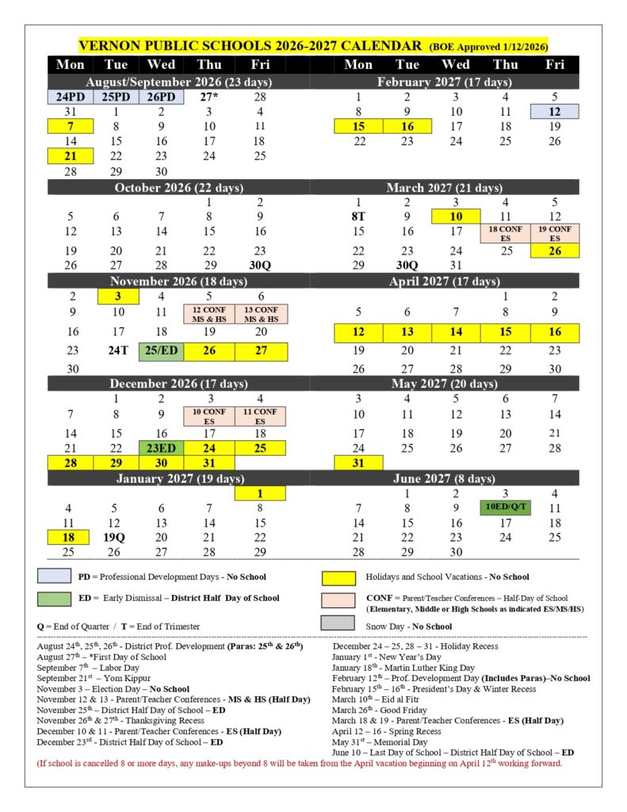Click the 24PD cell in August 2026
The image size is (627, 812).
tap(71, 97)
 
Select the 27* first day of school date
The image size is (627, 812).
tap(209, 97)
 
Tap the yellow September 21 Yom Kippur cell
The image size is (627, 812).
tap(71, 156)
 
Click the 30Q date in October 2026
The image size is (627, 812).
tap(260, 265)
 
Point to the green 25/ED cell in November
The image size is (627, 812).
tap(162, 350)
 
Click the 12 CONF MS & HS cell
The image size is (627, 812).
tap(210, 313)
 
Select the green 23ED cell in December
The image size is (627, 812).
tap(162, 447)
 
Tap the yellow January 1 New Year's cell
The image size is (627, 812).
tap(260, 493)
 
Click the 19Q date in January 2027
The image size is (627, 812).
tap(115, 538)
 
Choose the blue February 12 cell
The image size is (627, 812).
tap(554, 112)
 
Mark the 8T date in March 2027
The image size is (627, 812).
tap(358, 216)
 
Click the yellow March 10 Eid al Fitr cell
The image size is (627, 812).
tap(456, 216)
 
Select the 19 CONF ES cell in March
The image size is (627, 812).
tap(554, 233)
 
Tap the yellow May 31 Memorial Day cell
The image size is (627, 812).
tap(358, 462)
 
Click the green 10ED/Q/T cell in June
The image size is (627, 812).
tap(505, 507)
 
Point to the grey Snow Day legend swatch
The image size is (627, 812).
tap(338, 623)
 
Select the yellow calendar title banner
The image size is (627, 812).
tap(313, 45)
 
